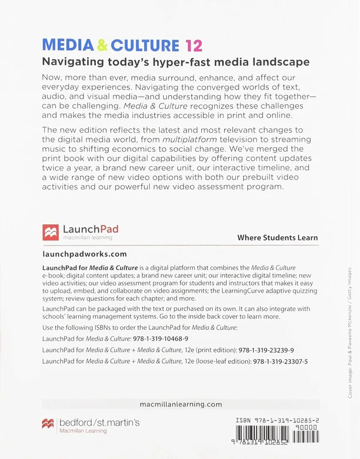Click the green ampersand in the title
click(102, 45)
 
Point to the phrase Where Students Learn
click(277, 238)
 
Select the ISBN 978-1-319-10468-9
click(161, 339)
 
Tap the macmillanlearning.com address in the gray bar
click(181, 404)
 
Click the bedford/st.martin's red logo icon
click(48, 423)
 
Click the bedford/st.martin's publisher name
click(99, 422)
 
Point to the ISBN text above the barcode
click(277, 420)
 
